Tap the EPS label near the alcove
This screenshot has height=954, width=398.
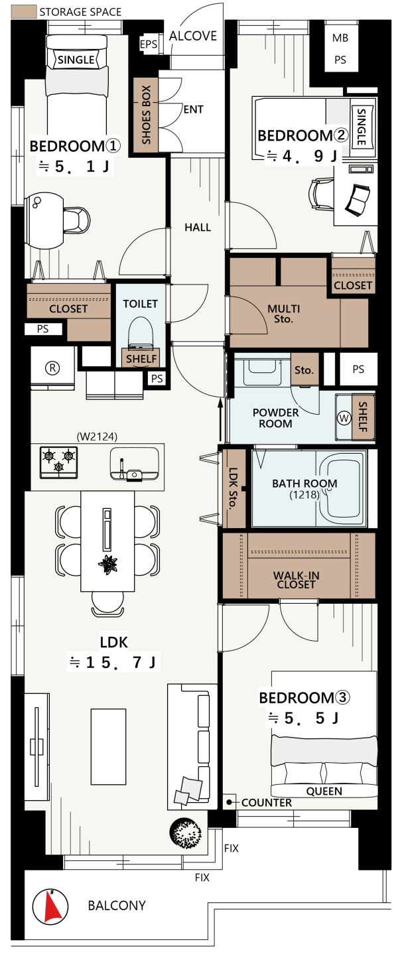coord(149,44)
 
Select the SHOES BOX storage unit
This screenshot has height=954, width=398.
coord(146,115)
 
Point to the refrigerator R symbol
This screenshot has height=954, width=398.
coord(52,368)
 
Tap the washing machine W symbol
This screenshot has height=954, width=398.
coord(344,418)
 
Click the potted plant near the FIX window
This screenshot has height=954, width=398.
coord(186,833)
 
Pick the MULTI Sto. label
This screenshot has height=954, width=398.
coord(283,313)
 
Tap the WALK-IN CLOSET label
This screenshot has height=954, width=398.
coord(297,580)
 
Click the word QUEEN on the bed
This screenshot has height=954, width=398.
coord(324,791)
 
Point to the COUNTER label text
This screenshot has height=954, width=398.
coord(267,802)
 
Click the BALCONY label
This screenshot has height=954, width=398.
coord(117,905)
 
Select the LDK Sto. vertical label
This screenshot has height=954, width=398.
coord(233,488)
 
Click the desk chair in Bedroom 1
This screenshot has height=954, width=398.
coord(77,220)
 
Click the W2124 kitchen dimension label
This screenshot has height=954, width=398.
coord(97,436)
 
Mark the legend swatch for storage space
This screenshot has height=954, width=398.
coord(23,12)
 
